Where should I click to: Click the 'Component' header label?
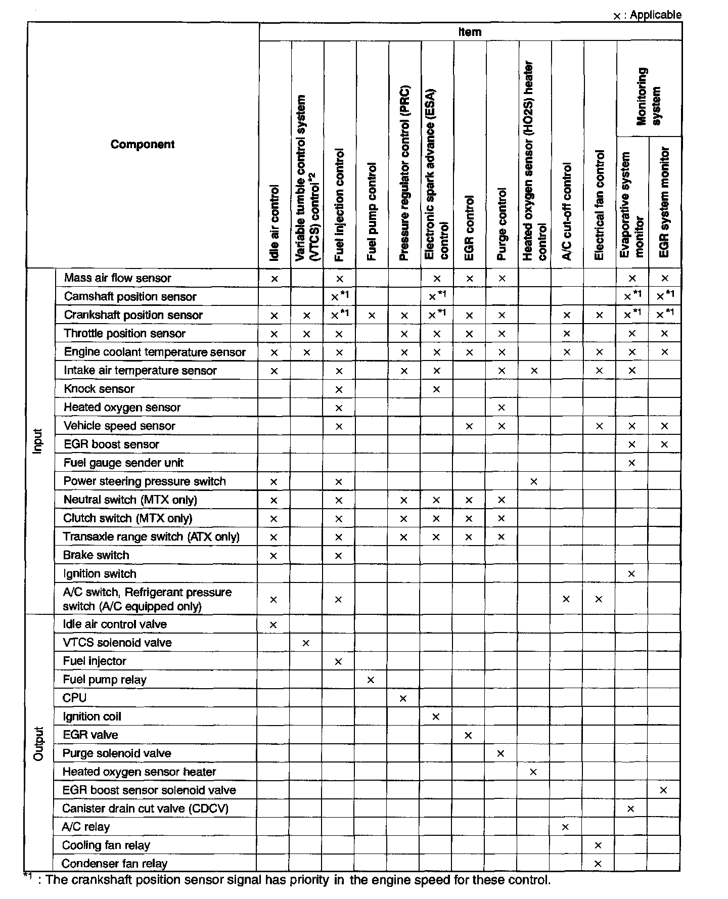143,145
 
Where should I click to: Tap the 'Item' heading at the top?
470,32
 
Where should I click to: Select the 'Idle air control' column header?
275,222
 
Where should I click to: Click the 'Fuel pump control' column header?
372,211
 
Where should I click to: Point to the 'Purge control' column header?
502,224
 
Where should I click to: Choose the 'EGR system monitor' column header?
665,202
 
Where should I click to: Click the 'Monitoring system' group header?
649,96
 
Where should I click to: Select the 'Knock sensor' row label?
99,389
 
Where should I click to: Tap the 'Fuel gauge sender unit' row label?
123,463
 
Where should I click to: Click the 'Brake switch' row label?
96,555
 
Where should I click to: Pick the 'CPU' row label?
74,698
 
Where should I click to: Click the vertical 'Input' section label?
38,441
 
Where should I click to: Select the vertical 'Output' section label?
38,744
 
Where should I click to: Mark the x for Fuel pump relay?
371,680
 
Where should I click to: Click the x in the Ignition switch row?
631,574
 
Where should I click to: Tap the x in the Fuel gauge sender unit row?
631,463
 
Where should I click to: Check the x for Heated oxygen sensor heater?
533,772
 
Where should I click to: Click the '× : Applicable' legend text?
648,15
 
